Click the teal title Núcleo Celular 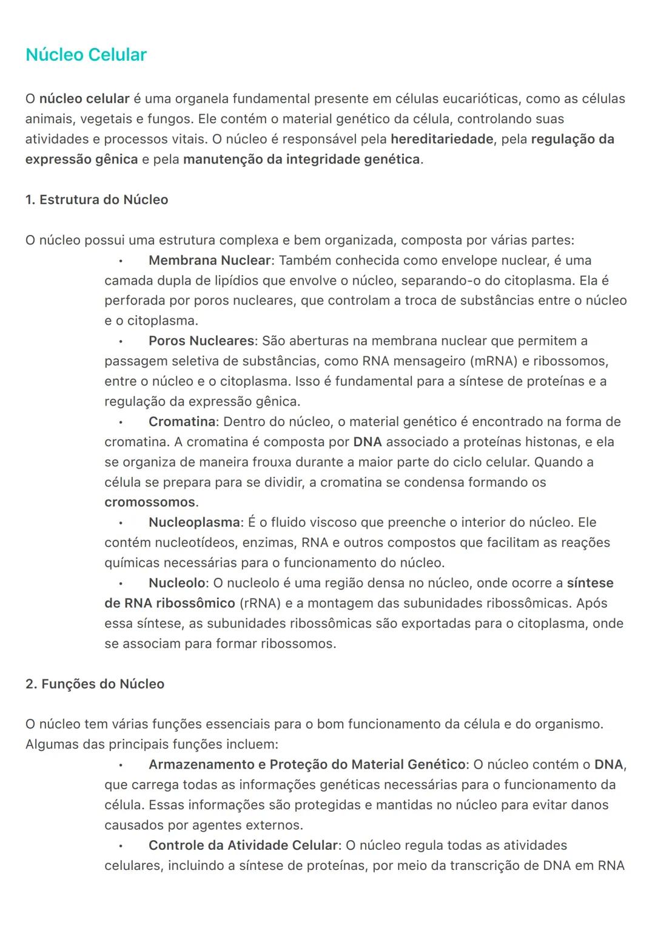pyautogui.click(x=86, y=55)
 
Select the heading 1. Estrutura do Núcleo pyautogui.click(x=97, y=200)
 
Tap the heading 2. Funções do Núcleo pyautogui.click(x=95, y=684)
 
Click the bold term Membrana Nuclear pyautogui.click(x=209, y=260)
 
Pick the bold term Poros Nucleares pyautogui.click(x=201, y=341)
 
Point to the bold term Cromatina pyautogui.click(x=182, y=422)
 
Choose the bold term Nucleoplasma pyautogui.click(x=194, y=523)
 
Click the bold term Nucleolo pyautogui.click(x=177, y=583)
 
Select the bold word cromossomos pyautogui.click(x=150, y=503)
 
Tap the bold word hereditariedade pyautogui.click(x=442, y=139)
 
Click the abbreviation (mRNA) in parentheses pyautogui.click(x=494, y=361)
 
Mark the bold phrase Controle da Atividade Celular pyautogui.click(x=243, y=846)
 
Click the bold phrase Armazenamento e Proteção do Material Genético pyautogui.click(x=307, y=765)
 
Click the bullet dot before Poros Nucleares pyautogui.click(x=121, y=342)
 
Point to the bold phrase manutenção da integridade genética pyautogui.click(x=301, y=160)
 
